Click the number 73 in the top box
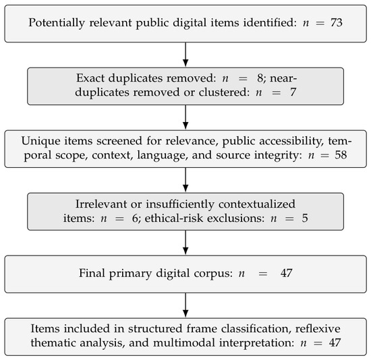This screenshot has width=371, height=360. pos(337,23)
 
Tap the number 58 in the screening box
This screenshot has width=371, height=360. pos(341,155)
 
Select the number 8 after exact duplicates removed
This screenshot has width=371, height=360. pos(260,78)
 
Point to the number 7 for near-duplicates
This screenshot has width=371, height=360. pos(293,92)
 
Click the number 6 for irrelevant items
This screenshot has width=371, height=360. pos(135,218)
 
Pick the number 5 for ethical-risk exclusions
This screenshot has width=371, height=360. pos(305,218)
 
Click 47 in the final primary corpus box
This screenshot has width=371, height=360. pos(286,273)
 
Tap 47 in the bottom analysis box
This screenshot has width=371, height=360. pos(335,342)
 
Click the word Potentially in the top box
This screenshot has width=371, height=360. pos(57,23)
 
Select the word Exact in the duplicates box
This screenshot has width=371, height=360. pos(90,78)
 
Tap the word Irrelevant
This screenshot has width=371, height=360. pos(101,204)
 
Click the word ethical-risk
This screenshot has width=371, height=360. pos(174,218)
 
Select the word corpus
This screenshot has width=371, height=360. pos(213,274)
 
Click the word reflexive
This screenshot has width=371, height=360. pos(318,328)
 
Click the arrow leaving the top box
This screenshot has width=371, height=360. pos(185,55)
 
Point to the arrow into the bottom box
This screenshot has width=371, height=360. pos(185,305)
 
